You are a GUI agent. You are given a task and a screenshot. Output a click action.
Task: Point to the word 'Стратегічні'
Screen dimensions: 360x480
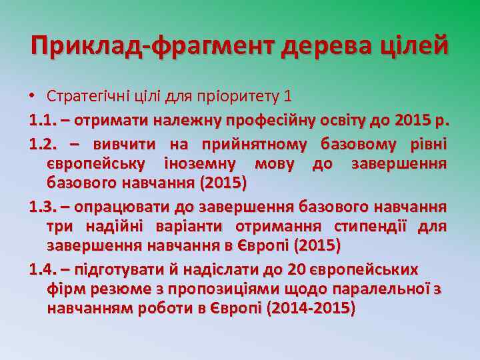coord(85,95)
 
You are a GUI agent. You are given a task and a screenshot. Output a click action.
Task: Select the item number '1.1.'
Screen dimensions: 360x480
coord(45,122)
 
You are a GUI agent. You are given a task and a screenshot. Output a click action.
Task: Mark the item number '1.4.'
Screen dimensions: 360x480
coord(45,269)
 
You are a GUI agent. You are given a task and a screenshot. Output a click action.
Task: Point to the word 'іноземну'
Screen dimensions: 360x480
coord(197,163)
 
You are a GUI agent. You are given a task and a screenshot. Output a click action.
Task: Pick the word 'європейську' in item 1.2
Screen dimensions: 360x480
coord(97,163)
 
